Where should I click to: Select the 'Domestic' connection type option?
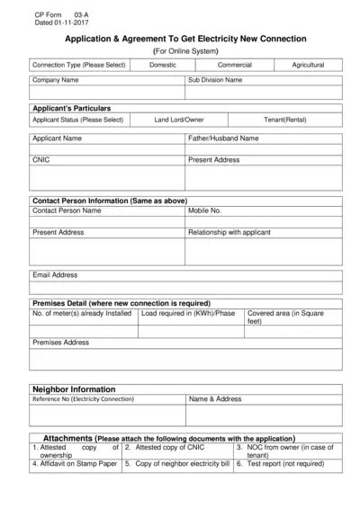(x=163, y=65)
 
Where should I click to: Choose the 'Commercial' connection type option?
(x=235, y=65)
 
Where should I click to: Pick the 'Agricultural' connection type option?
(x=308, y=65)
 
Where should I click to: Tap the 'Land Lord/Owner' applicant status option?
(x=178, y=120)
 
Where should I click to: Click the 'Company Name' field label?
(x=56, y=80)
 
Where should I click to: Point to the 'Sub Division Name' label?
(x=215, y=80)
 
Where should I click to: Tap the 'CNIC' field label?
(x=41, y=159)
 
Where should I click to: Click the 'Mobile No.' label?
(x=204, y=210)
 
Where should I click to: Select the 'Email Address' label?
(x=55, y=274)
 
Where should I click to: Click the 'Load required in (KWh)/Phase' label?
(x=188, y=314)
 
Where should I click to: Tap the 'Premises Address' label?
(x=60, y=343)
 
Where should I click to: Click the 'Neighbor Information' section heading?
(x=74, y=388)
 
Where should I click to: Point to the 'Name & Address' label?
(x=215, y=398)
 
